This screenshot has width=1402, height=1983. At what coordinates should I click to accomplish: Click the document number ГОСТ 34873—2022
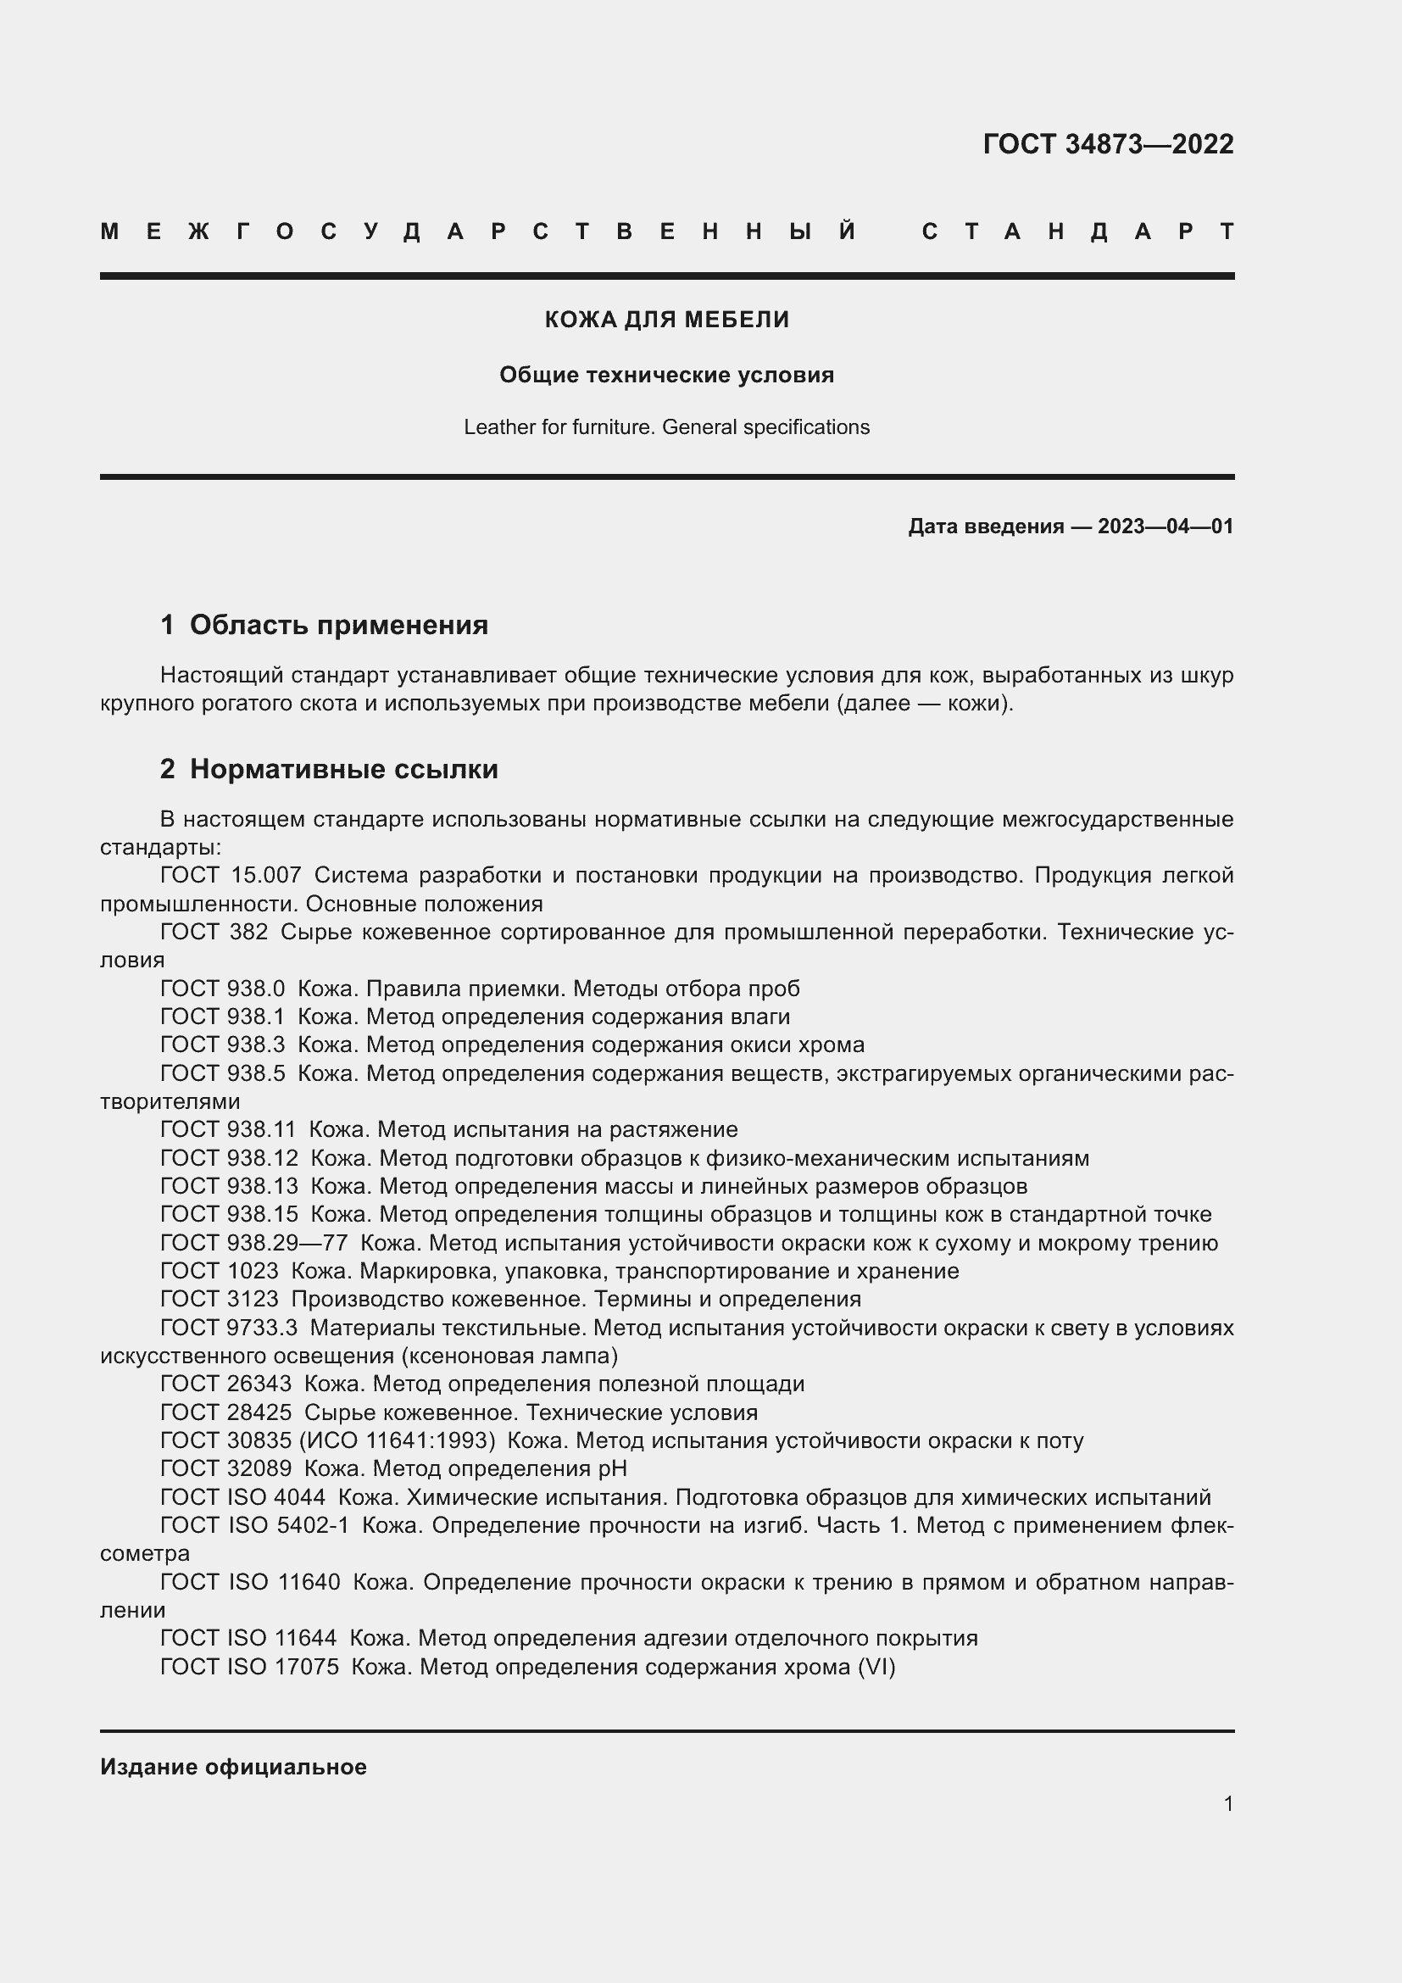(x=1108, y=143)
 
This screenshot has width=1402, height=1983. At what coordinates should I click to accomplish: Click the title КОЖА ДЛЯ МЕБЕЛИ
(x=666, y=320)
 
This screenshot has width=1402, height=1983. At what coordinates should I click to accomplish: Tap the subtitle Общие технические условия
(x=666, y=375)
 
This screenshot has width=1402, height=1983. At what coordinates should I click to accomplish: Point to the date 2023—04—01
(x=1165, y=526)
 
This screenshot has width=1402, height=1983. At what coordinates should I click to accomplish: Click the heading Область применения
(x=338, y=625)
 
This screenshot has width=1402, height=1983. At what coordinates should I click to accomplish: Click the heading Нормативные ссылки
(x=343, y=769)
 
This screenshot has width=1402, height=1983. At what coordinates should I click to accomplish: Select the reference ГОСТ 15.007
(x=231, y=875)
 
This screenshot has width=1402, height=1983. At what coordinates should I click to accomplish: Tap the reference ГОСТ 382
(x=214, y=932)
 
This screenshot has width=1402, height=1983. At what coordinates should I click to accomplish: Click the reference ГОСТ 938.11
(x=228, y=1128)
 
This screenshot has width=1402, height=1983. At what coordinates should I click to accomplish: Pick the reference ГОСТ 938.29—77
(x=253, y=1243)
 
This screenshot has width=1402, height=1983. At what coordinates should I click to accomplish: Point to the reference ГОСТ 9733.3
(x=229, y=1328)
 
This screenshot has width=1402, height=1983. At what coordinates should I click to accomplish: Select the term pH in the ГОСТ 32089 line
(x=611, y=1468)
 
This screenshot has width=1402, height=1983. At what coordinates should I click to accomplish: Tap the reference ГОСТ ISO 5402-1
(x=254, y=1525)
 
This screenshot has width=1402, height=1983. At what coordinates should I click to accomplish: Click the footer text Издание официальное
(x=233, y=1767)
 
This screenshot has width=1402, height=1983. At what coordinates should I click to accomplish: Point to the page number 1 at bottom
(x=1227, y=1803)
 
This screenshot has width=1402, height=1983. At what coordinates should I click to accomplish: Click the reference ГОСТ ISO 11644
(x=248, y=1639)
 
